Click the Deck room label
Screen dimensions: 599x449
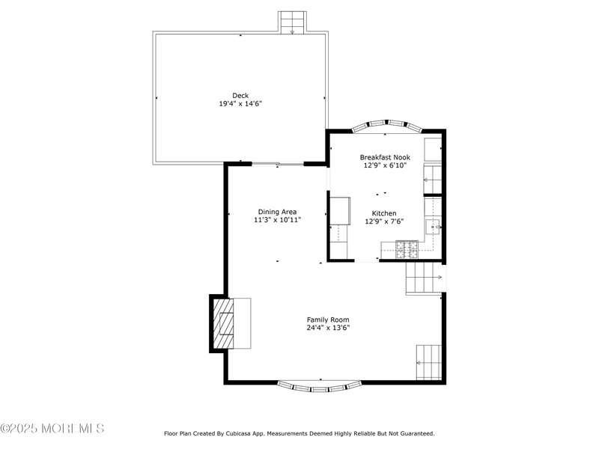240,96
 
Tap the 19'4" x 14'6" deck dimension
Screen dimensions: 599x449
240,103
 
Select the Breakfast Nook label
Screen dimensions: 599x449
385,157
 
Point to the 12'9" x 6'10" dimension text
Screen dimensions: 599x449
385,165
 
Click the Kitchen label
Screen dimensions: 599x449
384,213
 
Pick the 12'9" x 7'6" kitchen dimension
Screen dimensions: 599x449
384,221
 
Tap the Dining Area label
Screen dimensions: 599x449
277,212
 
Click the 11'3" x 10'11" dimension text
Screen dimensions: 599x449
277,220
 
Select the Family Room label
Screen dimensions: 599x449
328,320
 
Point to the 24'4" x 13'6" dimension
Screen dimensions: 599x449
328,328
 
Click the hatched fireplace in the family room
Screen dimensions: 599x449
223,323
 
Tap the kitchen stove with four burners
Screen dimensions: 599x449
407,249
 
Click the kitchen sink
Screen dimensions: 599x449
434,227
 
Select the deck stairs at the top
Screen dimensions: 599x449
292,22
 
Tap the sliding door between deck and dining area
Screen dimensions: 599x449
278,164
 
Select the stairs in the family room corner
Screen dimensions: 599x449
429,362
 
